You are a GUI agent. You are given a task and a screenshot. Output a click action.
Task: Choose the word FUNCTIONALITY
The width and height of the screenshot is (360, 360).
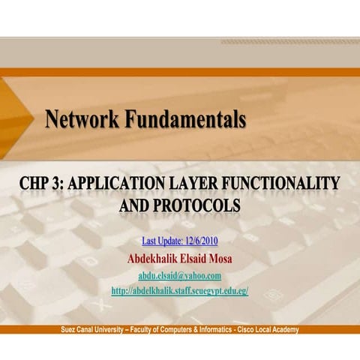point(286,182)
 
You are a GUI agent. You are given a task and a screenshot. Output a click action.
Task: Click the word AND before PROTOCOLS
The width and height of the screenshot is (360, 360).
point(135,205)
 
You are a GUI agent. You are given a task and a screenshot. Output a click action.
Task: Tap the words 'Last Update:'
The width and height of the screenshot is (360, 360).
point(159,241)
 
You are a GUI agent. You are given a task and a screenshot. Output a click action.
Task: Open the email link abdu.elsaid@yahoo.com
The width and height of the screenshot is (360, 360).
point(179,274)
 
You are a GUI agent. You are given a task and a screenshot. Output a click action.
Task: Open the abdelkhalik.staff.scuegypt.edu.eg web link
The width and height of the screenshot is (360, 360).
point(179,290)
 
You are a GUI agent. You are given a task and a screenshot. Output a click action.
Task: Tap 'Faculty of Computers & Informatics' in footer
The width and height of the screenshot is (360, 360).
point(182,330)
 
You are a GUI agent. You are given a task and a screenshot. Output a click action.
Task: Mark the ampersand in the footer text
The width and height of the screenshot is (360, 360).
point(195,330)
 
